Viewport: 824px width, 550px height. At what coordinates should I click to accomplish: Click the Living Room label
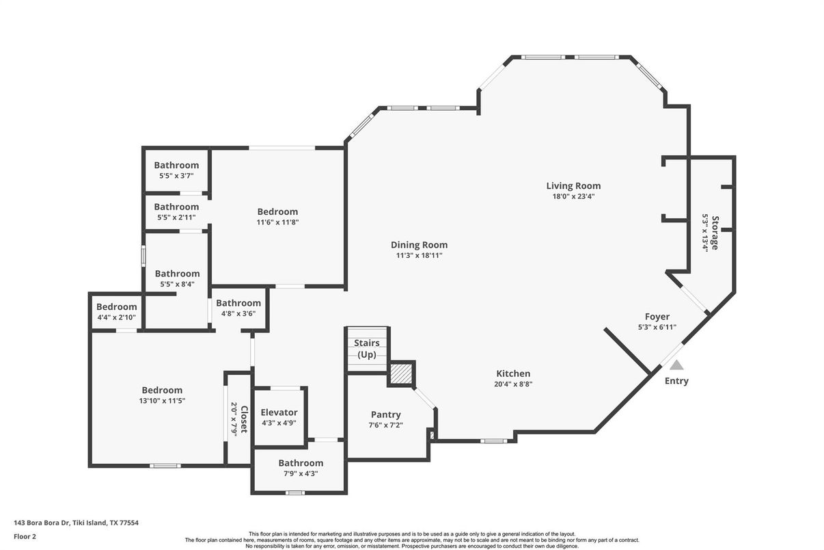(573, 185)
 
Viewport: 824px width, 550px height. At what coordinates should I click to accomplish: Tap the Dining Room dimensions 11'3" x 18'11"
(419, 256)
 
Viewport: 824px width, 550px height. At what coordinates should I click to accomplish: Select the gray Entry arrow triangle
(676, 365)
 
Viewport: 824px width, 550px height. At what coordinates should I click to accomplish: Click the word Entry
(676, 381)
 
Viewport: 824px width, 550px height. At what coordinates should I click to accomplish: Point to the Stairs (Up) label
(367, 349)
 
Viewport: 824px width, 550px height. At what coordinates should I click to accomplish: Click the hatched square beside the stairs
(401, 375)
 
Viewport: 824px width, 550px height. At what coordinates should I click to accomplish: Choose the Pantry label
(385, 415)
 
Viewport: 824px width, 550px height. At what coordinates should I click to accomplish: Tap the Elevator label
(279, 413)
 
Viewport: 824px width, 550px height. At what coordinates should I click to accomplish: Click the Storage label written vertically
(715, 233)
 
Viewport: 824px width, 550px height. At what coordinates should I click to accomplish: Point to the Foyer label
(657, 317)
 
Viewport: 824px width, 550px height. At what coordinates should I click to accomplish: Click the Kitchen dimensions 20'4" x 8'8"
(513, 384)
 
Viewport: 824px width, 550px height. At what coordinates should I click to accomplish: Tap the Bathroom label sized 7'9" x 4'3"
(301, 463)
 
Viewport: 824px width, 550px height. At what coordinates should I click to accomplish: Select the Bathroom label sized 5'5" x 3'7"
(176, 165)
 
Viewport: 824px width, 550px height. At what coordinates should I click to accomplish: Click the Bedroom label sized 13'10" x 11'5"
(162, 390)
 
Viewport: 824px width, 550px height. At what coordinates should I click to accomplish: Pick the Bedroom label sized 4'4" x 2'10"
(116, 307)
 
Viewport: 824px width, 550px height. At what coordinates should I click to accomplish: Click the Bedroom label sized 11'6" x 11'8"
(277, 211)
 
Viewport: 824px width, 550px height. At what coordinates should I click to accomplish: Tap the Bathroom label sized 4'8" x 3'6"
(238, 303)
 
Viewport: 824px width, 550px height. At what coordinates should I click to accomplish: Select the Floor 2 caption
(25, 536)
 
